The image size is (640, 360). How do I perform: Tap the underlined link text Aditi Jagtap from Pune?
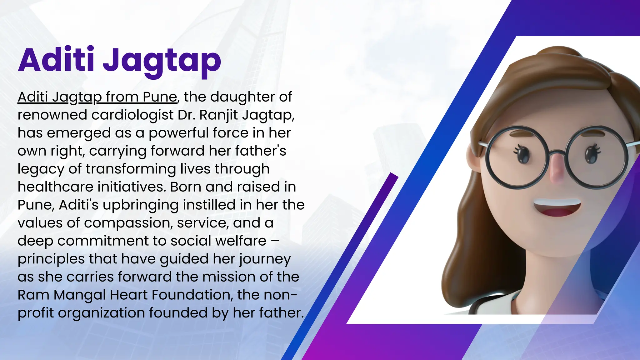click(97, 97)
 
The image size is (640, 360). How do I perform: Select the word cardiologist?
click(132, 115)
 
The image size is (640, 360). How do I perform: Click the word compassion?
click(128, 223)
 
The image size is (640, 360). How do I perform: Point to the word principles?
click(51, 259)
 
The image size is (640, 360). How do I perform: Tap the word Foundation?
click(187, 295)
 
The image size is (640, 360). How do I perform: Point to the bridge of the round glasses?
click(557, 153)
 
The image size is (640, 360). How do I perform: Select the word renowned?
click(52, 115)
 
